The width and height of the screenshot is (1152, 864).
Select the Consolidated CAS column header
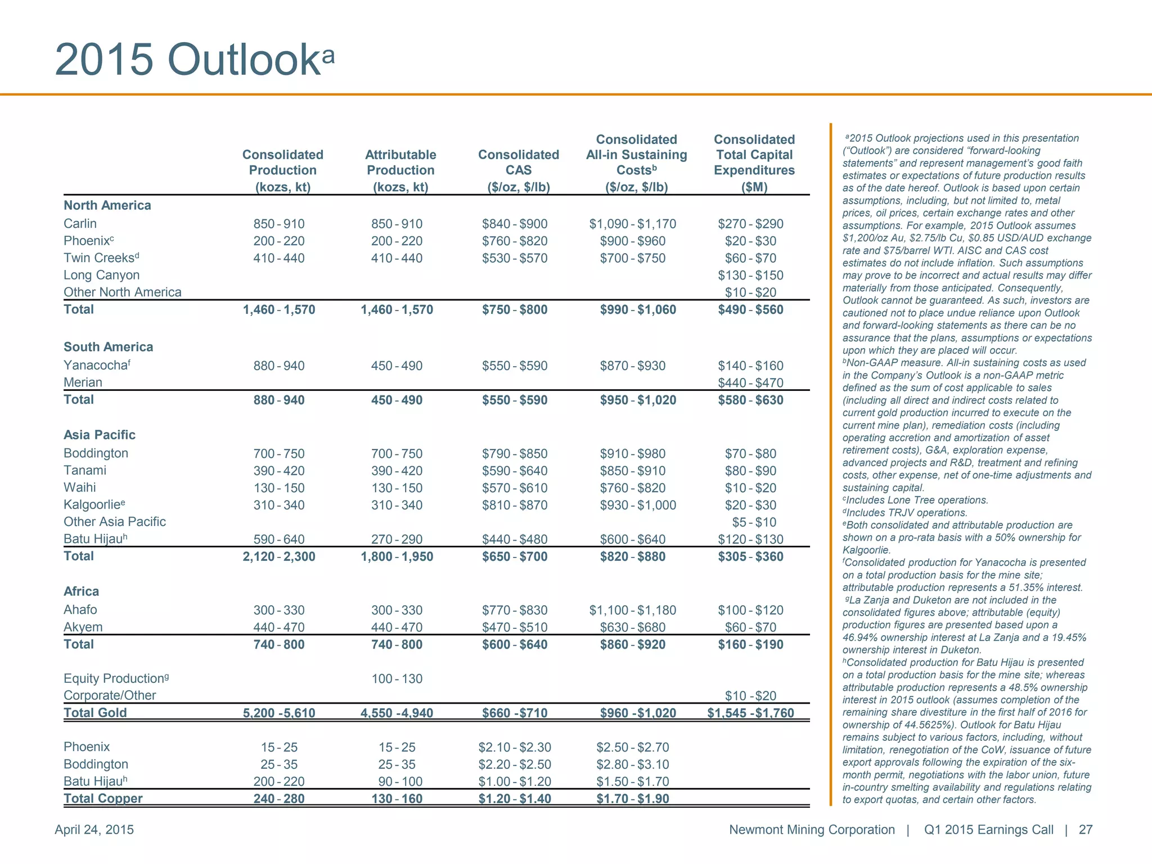(518, 170)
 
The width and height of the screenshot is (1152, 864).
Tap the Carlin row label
(80, 223)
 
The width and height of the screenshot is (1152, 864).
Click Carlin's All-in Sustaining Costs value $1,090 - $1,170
(632, 224)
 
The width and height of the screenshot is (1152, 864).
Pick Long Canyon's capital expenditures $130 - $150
(750, 275)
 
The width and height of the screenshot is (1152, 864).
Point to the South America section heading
(108, 346)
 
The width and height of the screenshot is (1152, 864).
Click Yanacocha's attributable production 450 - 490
(397, 366)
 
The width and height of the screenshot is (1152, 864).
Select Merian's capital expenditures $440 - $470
(750, 383)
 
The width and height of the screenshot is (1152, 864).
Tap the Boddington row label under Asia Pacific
(96, 453)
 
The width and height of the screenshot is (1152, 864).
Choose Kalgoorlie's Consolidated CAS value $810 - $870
(514, 505)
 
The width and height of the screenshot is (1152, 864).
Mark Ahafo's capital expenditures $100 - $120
(750, 610)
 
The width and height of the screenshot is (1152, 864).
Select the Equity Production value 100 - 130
(397, 678)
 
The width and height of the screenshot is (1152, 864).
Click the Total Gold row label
(95, 713)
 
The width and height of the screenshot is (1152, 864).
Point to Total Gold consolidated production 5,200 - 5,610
(278, 713)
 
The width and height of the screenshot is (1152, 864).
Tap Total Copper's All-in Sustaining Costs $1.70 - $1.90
(632, 799)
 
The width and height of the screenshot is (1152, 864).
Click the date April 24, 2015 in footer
(94, 830)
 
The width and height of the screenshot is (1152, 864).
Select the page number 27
(1085, 830)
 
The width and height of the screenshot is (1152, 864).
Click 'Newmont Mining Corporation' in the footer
(811, 830)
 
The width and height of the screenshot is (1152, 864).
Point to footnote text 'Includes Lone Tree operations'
(917, 500)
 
